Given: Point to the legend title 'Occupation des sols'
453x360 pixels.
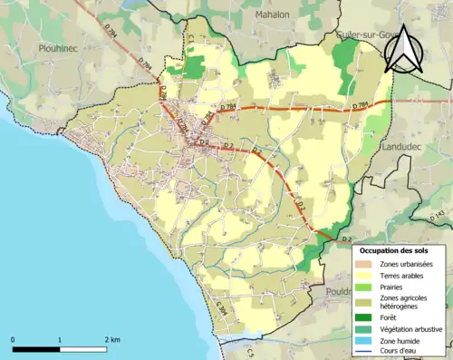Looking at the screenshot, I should [x=400, y=250].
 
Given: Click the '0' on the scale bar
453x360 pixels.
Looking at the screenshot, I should [x=14, y=339].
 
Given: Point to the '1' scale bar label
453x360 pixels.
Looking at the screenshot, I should [x=60, y=339].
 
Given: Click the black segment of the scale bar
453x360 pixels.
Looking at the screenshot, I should [x=36, y=348].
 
